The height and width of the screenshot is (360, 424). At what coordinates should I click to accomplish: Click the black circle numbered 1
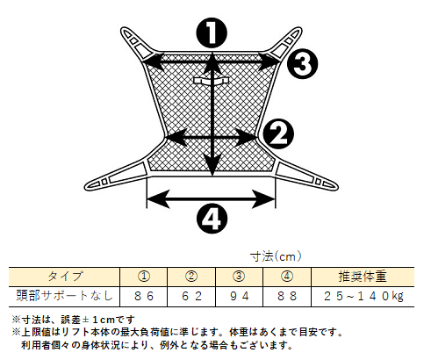[212, 32]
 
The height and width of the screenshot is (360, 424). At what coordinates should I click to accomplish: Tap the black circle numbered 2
[278, 134]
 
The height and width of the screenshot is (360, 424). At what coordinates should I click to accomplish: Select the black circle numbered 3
[302, 63]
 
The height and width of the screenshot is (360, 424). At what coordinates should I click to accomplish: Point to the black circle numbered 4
[212, 219]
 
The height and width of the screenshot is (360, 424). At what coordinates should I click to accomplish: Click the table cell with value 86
[143, 297]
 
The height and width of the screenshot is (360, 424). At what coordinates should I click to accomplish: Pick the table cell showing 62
[191, 297]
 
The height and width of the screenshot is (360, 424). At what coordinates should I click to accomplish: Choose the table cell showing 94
[239, 297]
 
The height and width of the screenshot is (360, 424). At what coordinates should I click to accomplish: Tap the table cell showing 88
[287, 297]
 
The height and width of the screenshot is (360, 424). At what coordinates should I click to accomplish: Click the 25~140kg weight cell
[363, 297]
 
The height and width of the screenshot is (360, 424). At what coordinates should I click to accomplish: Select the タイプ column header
[64, 277]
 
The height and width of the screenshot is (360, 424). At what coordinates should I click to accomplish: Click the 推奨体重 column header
[363, 277]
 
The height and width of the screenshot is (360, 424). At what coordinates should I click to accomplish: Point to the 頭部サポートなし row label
[64, 296]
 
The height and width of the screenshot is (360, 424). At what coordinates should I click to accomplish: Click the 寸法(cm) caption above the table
[276, 256]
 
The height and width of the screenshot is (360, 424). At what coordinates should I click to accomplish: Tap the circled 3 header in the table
[239, 277]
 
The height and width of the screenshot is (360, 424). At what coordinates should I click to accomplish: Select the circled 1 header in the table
[143, 277]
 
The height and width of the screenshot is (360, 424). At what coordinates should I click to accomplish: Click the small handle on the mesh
[211, 81]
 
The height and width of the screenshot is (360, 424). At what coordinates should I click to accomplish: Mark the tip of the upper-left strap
[122, 30]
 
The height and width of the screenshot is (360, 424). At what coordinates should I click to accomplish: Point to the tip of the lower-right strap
[337, 187]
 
